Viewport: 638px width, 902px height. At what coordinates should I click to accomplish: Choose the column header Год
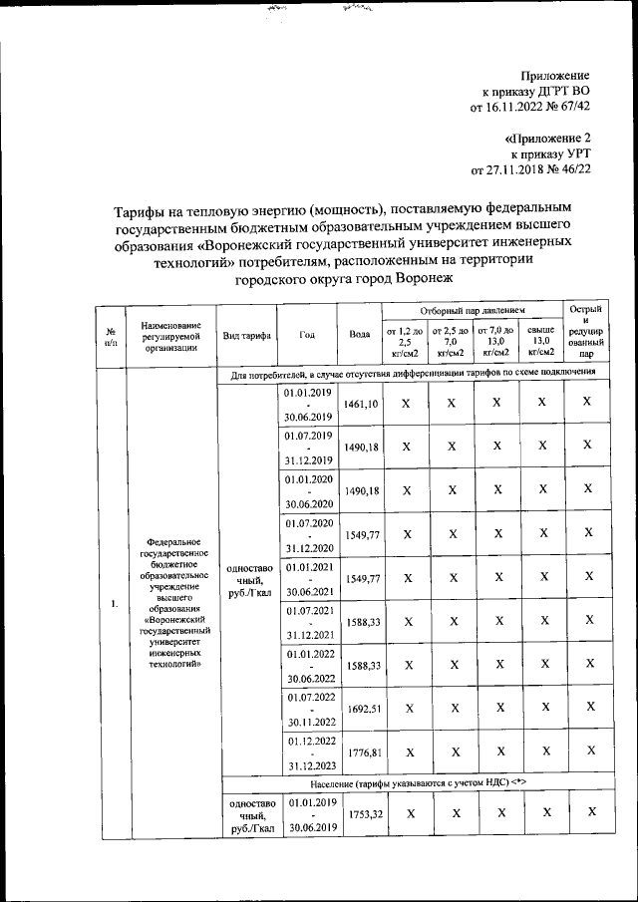pos(307,335)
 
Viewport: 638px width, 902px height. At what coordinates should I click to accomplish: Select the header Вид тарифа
pos(246,335)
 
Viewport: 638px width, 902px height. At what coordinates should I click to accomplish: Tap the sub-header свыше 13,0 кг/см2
pos(540,340)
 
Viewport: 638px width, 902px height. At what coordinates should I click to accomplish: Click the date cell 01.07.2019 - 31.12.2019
pos(307,449)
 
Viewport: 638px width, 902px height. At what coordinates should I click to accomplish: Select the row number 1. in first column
pos(114,603)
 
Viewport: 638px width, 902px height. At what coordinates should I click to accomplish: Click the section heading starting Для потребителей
pos(413,373)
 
